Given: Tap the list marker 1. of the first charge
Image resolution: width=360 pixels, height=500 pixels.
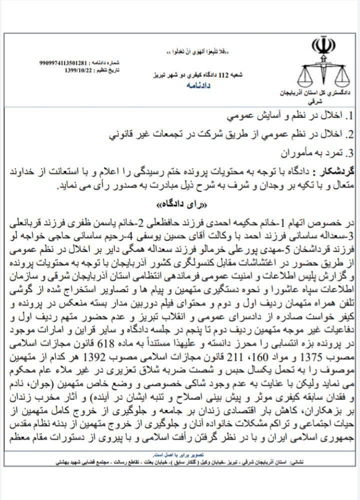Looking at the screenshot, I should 351,117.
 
